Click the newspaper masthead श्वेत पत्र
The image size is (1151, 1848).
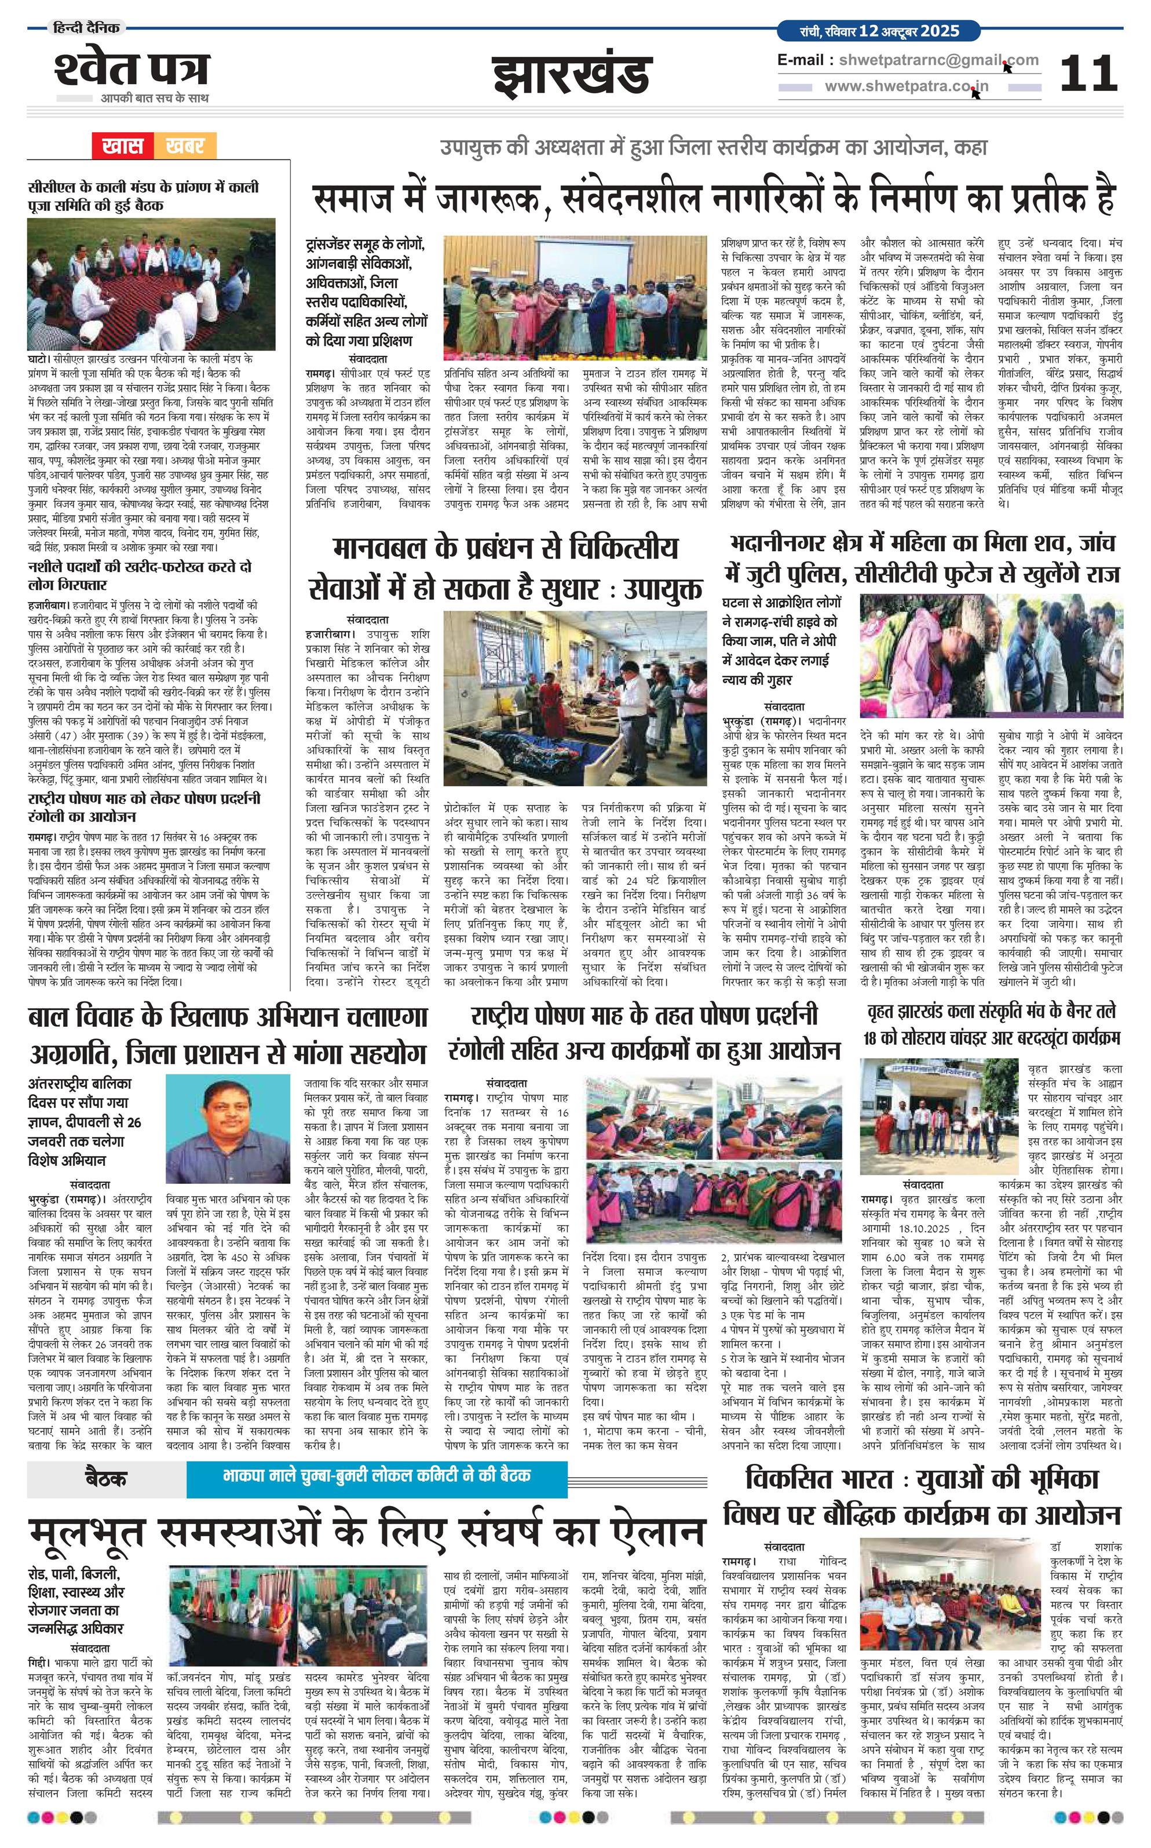tap(131, 68)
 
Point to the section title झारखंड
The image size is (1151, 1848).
tap(572, 75)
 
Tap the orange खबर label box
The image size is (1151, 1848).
tap(184, 145)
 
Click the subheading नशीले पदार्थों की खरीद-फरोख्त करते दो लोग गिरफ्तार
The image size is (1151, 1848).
tap(138, 575)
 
